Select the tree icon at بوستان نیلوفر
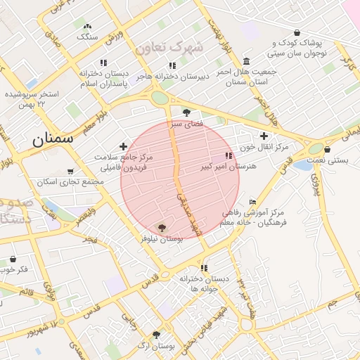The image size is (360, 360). [x=162, y=228]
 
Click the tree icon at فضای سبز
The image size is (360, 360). [x=186, y=112]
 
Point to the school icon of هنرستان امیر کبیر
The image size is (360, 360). [x=228, y=155]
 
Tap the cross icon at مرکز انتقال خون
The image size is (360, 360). [x=264, y=136]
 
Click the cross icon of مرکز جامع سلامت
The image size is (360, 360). [x=124, y=146]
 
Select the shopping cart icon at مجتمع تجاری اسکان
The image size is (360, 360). [x=70, y=171]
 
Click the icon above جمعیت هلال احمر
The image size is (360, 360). [x=246, y=61]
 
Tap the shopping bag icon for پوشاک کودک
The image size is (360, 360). [x=297, y=32]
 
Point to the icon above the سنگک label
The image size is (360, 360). [x=87, y=26]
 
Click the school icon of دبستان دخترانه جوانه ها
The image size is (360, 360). [x=205, y=268]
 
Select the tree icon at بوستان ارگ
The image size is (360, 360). [x=156, y=335]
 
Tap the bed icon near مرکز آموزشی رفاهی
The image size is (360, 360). [x=253, y=202]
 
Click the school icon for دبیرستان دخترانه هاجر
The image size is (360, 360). [x=172, y=65]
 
